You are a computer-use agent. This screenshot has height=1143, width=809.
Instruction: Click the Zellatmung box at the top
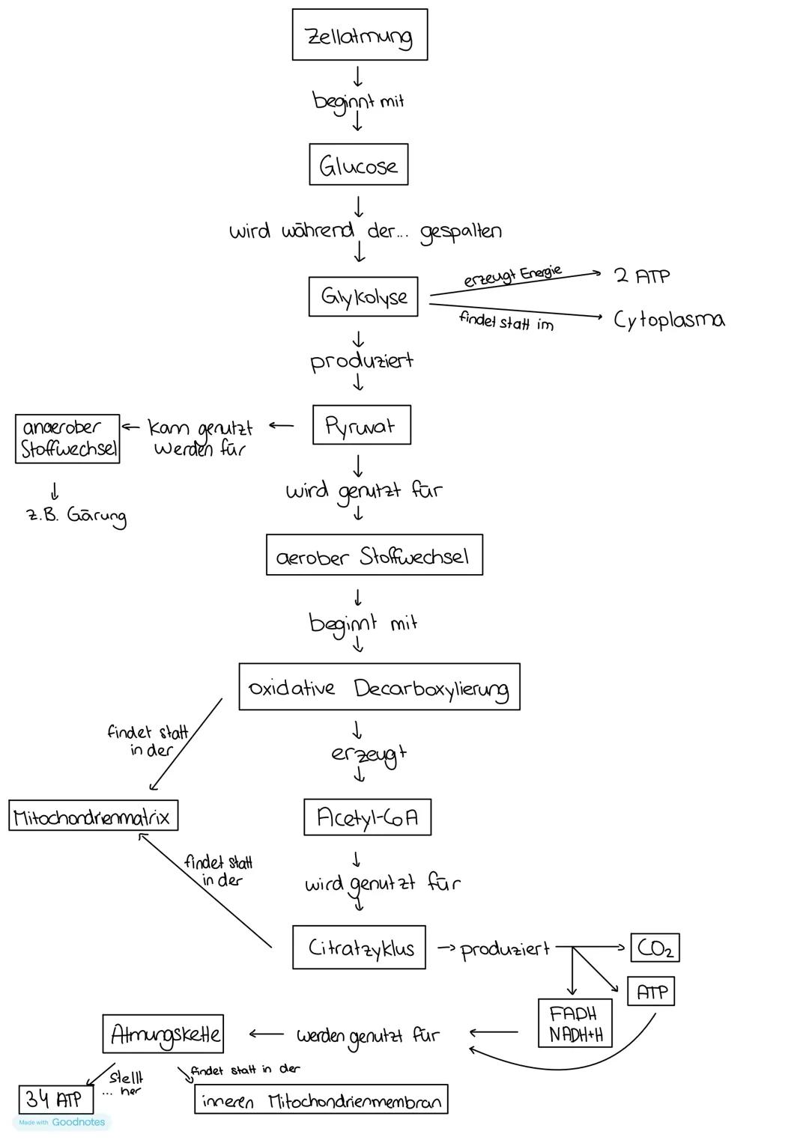click(x=360, y=34)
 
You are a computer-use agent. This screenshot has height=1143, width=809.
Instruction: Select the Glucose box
click(x=358, y=165)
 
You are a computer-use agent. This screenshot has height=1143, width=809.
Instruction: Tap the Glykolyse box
click(x=363, y=296)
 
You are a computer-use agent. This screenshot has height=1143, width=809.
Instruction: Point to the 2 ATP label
click(x=642, y=275)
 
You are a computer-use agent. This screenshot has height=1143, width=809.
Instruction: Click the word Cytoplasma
click(x=669, y=320)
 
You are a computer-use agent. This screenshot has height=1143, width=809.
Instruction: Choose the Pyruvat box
click(x=361, y=425)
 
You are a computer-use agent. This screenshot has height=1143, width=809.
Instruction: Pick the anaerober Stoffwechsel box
click(x=67, y=438)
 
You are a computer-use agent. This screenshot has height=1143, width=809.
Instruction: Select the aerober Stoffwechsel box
click(x=374, y=555)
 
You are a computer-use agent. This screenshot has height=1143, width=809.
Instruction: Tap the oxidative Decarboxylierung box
click(x=379, y=687)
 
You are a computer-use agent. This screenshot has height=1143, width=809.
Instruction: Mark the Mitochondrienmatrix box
click(x=93, y=815)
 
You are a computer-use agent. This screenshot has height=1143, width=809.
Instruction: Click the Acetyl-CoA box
click(x=367, y=817)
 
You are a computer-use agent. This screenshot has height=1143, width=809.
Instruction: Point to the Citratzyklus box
click(x=359, y=948)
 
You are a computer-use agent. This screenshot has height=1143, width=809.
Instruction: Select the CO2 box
click(x=655, y=948)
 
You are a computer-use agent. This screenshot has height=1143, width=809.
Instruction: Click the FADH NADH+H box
click(x=575, y=1024)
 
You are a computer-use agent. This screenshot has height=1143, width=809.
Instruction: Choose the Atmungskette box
click(x=163, y=1034)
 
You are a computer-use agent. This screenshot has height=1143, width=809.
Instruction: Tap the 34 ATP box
click(x=55, y=1100)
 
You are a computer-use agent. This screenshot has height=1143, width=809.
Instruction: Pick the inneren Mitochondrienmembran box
click(x=321, y=1100)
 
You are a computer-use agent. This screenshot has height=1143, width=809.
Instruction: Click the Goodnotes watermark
click(x=63, y=1122)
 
